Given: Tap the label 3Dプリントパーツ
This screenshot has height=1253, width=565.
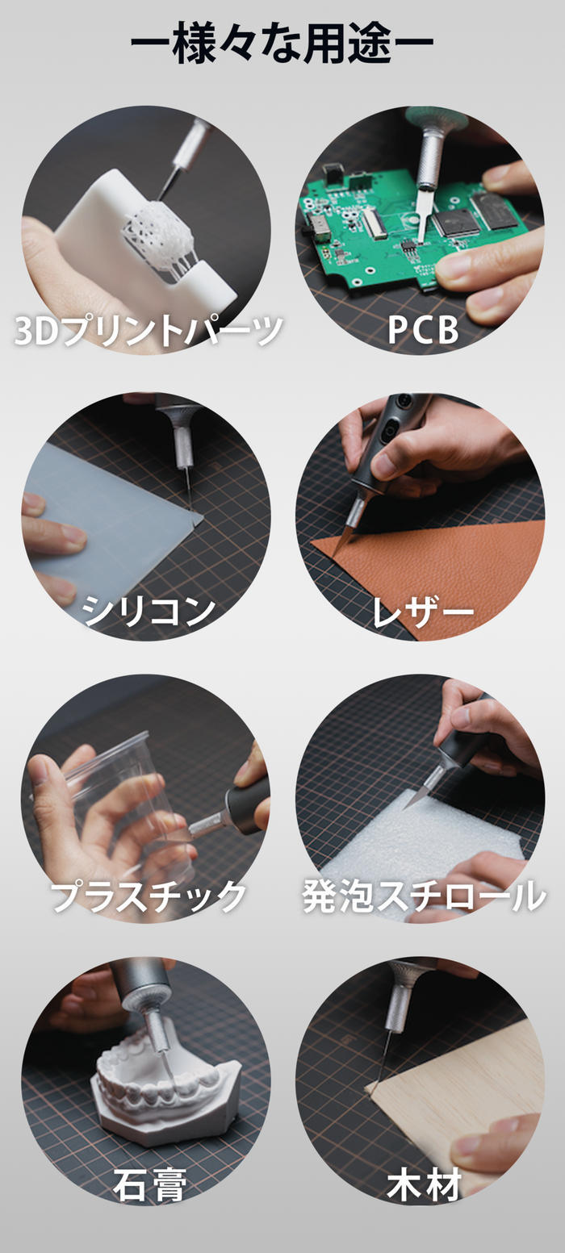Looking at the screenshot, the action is click(149, 330).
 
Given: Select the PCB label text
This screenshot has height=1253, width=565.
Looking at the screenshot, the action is click(423, 330).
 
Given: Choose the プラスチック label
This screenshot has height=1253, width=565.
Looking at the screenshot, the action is click(149, 896).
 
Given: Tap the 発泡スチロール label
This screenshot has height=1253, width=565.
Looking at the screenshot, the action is click(424, 896).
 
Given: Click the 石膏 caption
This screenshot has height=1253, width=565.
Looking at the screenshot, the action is click(149, 1182).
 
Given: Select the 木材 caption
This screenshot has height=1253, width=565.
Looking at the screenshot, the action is click(424, 1182).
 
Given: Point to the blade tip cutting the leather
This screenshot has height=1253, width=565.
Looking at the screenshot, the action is click(334, 554).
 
